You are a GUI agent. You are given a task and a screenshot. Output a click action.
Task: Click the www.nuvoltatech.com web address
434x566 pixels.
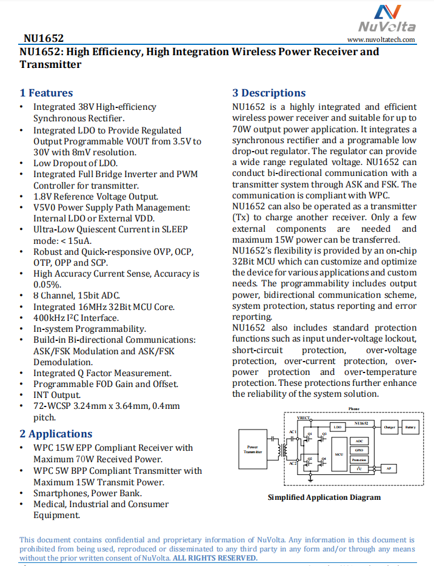(x=381, y=39)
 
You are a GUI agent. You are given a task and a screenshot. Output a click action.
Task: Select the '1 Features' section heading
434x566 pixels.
(x=46, y=93)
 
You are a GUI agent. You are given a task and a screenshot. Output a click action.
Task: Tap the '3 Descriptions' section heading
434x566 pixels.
(x=269, y=93)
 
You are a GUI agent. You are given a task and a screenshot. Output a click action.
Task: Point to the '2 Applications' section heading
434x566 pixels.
(x=56, y=434)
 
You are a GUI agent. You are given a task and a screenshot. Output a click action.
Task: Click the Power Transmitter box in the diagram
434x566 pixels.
(x=253, y=450)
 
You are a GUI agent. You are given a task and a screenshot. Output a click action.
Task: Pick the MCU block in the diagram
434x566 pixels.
(x=339, y=454)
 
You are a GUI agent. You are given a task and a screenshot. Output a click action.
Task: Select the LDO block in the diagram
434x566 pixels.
(x=338, y=427)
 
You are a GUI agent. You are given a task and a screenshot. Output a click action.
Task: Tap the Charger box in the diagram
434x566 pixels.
(x=389, y=427)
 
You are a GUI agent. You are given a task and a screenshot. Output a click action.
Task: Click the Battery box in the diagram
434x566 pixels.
(x=411, y=427)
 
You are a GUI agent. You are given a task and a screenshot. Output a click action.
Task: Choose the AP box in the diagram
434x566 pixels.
(x=389, y=468)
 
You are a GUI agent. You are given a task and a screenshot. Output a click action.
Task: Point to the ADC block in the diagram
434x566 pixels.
(x=359, y=441)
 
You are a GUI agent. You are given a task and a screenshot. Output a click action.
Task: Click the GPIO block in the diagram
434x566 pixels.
(x=359, y=450)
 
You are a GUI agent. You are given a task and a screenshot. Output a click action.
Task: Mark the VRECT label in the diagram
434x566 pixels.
(x=304, y=418)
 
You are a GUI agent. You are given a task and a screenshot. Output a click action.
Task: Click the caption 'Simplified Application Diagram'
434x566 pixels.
(x=324, y=497)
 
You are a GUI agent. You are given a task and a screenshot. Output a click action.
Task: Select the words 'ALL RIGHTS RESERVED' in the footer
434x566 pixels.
(x=215, y=558)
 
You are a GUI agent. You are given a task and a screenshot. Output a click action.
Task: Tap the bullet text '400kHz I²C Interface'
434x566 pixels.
(x=76, y=317)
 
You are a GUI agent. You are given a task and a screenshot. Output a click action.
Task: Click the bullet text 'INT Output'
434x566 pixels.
(x=56, y=395)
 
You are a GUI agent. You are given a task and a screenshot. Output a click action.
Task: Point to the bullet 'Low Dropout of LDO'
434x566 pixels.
(x=75, y=163)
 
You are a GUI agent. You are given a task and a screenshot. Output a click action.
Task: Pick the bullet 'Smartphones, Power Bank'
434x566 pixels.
(x=87, y=493)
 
